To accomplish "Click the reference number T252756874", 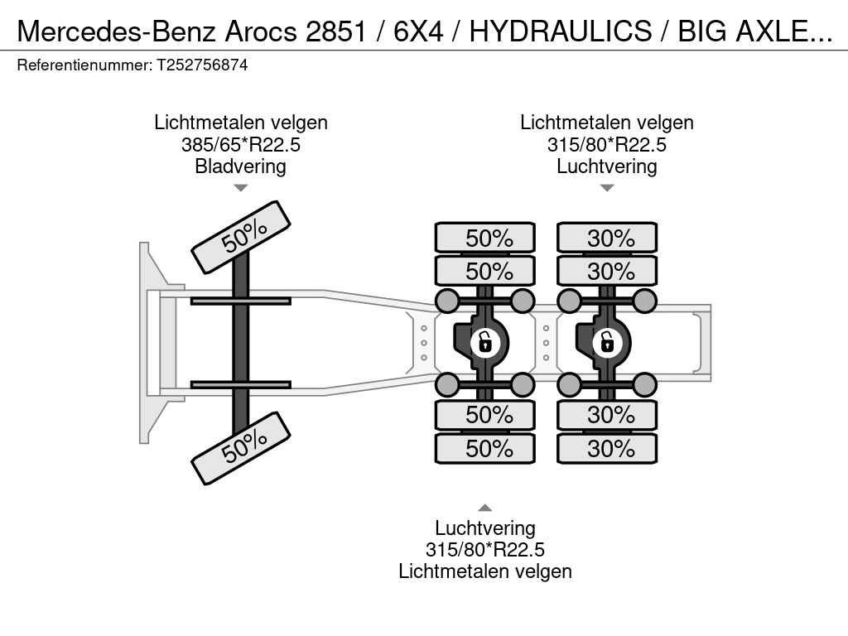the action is (202, 65).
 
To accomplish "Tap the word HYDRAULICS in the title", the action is (561, 31).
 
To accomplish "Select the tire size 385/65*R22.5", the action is (241, 144).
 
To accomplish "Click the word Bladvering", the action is (241, 166).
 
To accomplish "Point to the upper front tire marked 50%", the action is (241, 238).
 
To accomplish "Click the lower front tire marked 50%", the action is (241, 448).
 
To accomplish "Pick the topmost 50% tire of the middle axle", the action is (485, 238).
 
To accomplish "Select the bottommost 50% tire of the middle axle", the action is (485, 448).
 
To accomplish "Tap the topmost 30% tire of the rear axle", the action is (607, 238).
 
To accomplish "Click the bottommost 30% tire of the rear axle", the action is (607, 448).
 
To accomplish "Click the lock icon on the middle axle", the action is (484, 343).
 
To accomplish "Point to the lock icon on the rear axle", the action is (607, 343).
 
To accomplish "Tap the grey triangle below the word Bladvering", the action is (241, 188).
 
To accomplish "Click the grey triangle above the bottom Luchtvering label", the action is (485, 508).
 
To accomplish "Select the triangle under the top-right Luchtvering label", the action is (607, 188).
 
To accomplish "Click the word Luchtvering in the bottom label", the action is (485, 528).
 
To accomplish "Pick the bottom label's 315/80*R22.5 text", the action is (485, 550).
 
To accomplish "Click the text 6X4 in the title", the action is (418, 31).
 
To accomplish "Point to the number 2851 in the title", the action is (336, 31).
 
